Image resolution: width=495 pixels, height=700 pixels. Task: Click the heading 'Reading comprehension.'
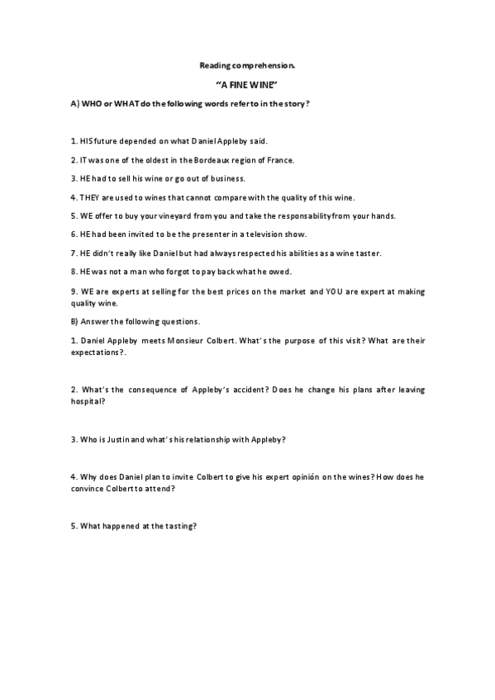point(247,64)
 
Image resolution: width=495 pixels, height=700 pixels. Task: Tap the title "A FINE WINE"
point(247,85)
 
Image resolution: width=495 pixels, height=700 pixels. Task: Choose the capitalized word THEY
point(89,197)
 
